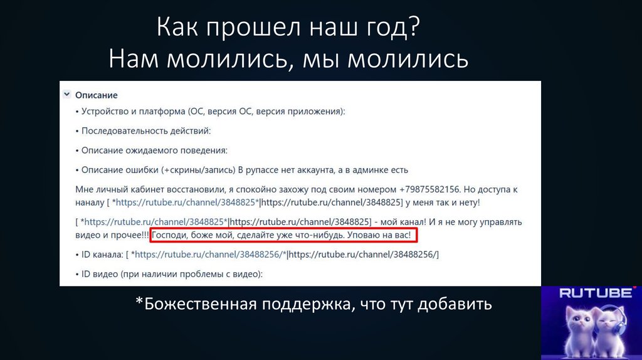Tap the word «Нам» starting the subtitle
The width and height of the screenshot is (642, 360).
tap(132, 60)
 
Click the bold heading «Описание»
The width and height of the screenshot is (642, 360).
tap(97, 95)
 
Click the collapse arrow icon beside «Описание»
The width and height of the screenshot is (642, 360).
tap(66, 95)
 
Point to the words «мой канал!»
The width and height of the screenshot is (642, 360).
tap(401, 221)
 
